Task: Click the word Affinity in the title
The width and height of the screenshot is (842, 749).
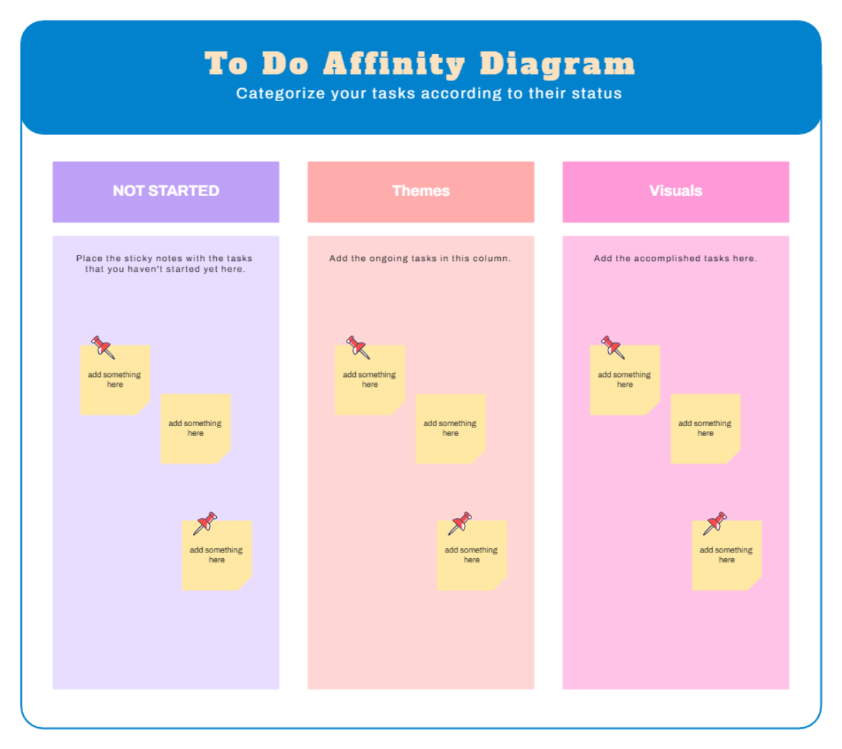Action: (394, 65)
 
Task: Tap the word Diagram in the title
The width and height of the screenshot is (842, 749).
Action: (558, 65)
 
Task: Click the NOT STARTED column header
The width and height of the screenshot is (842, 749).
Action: (166, 191)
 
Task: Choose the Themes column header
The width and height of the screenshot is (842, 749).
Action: (421, 191)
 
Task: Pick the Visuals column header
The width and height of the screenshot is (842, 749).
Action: (676, 191)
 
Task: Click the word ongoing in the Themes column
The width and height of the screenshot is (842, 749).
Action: (388, 258)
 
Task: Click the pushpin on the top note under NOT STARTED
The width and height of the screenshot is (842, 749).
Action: (102, 347)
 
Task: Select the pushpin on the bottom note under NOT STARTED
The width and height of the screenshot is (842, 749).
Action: (206, 522)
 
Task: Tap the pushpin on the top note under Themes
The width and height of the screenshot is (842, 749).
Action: (357, 347)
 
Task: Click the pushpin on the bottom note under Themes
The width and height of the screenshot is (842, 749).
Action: (460, 522)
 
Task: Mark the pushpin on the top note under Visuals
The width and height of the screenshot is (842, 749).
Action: (613, 347)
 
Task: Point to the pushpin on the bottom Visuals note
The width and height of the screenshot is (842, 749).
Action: (716, 522)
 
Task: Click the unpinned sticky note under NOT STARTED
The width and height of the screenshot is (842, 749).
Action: (195, 428)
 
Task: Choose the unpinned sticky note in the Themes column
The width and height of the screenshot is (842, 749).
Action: (450, 428)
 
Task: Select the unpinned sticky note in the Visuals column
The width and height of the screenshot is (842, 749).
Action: (705, 428)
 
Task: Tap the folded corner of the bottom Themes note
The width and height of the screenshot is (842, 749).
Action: (499, 583)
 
